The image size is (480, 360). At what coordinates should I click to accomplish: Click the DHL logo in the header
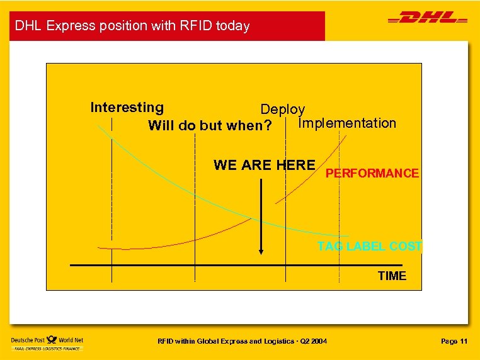pos(428,19)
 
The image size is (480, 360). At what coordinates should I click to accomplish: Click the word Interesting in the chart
pos(127,108)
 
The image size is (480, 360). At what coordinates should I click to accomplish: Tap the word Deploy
pos(283,110)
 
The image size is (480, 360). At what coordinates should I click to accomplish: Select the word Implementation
pos(347,123)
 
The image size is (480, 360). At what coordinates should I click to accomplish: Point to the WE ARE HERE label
pos(264,165)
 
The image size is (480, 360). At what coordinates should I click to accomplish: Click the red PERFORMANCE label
pos(372,173)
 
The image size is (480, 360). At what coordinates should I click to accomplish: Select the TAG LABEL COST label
pos(370,246)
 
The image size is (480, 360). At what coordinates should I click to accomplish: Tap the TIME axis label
pos(392,276)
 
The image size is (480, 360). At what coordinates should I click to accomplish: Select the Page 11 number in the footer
pos(454,341)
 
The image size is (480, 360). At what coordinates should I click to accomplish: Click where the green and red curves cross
pos(252,218)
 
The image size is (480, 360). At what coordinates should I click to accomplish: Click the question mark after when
pos(269,125)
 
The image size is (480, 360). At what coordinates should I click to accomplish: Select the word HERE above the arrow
pos(295,165)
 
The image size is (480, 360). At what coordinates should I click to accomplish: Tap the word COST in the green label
pos(406,246)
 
